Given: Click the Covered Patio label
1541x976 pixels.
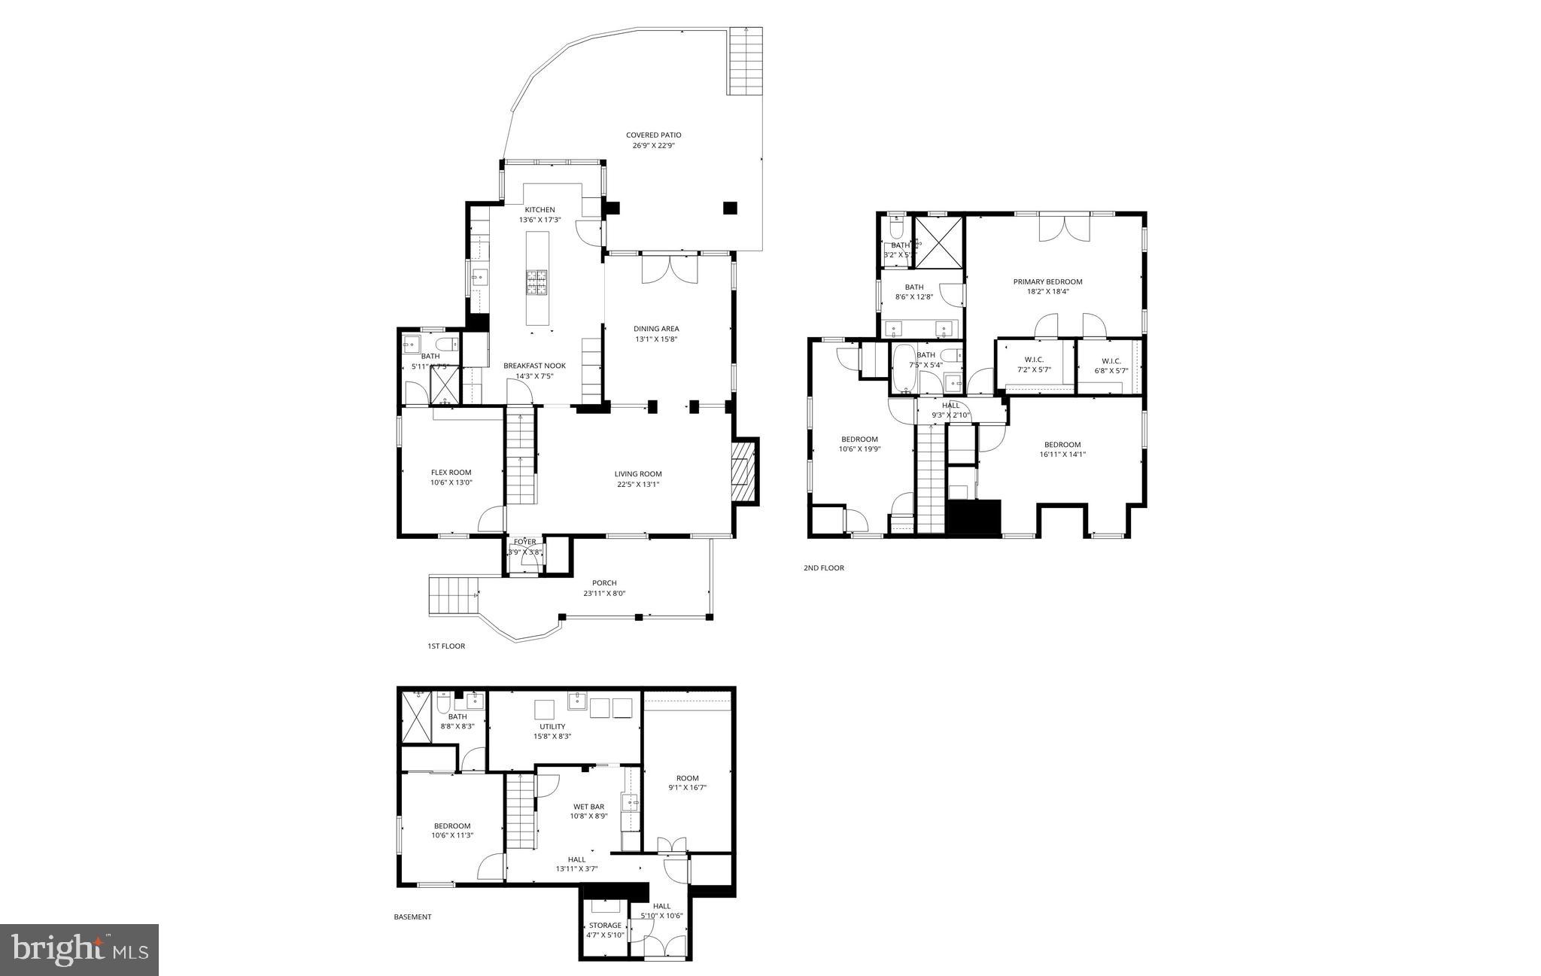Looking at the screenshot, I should pos(653,135).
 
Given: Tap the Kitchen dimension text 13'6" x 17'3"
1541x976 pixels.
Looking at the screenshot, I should pos(540,220).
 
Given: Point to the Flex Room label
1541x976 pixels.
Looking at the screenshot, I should pos(451,473).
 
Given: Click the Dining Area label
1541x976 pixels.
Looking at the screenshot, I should pos(656,329).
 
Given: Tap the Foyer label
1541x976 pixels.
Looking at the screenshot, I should pos(524,542).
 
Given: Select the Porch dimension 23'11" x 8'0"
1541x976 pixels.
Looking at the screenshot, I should pos(604,593).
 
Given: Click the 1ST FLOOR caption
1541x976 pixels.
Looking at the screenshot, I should pos(446,646).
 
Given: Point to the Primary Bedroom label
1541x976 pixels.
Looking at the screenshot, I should pos(1047,281).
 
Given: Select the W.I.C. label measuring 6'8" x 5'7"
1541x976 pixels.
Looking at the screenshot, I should pos(1111,360).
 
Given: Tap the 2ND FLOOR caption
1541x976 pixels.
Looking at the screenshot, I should pos(823,567).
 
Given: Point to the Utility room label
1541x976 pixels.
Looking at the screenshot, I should pos(552,726).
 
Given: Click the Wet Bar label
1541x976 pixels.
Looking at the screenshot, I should pos(588,807).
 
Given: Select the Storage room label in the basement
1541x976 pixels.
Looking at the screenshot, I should pos(605,926).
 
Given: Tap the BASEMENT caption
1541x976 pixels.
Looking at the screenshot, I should pos(412,917).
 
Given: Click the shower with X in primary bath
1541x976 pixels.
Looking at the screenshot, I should pos(938,242).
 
